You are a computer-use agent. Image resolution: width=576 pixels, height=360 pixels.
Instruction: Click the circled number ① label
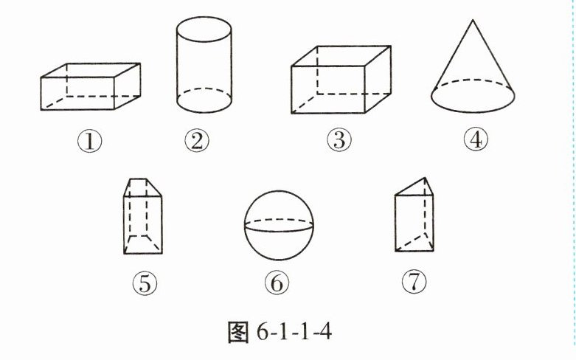90,142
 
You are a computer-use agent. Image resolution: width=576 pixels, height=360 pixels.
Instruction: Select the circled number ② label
197,141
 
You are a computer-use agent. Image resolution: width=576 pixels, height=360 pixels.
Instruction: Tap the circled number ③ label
339,140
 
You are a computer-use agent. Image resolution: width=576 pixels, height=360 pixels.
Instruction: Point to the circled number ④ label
476,139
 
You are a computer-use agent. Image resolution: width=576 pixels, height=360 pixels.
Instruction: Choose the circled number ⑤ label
145,283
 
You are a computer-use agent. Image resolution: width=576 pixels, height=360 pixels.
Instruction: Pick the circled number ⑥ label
277,283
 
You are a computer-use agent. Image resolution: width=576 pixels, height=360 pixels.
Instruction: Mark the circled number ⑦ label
414,281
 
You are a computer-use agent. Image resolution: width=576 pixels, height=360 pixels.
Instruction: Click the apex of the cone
473,20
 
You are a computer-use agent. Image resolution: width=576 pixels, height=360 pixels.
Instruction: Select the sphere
279,225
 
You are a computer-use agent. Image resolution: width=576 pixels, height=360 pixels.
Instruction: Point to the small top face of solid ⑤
142,187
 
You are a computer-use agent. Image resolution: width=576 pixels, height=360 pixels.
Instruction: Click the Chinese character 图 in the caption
238,332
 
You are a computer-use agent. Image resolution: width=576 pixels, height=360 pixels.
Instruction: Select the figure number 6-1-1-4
294,332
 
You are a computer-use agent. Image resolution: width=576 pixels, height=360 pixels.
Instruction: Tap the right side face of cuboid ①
127,86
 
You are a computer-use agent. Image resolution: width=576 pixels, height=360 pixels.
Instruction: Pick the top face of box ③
341,56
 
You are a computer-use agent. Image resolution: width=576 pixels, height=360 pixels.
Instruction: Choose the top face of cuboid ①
91,70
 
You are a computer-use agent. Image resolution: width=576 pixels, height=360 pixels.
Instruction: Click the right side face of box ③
378,79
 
